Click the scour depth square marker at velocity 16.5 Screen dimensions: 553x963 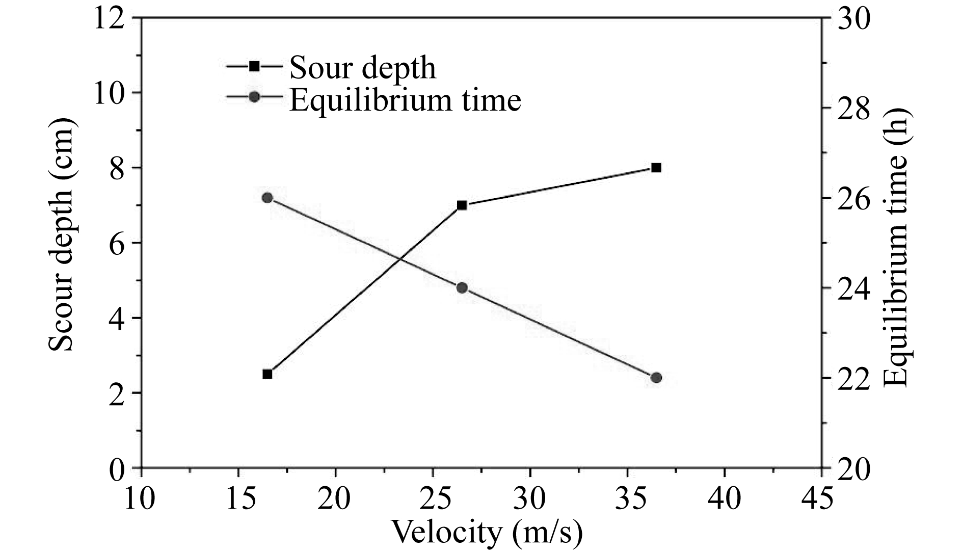click(x=267, y=374)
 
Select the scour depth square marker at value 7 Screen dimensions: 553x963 click(x=462, y=205)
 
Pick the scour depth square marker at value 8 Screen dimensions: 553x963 click(x=656, y=168)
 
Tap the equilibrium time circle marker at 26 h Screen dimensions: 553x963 click(x=267, y=198)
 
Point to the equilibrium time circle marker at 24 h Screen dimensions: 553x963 click(x=462, y=288)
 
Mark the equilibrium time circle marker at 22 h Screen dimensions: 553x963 click(x=656, y=378)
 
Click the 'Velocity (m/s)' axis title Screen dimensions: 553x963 click(x=486, y=533)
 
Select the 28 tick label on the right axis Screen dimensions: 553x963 click(x=851, y=108)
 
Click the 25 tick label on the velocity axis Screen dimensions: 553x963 click(x=432, y=498)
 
